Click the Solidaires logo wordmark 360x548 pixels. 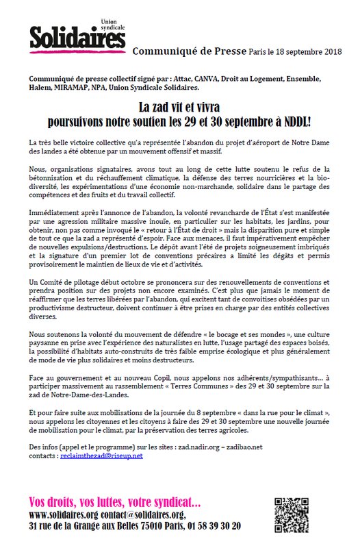point(67,36)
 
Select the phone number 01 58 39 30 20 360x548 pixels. point(208,525)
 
